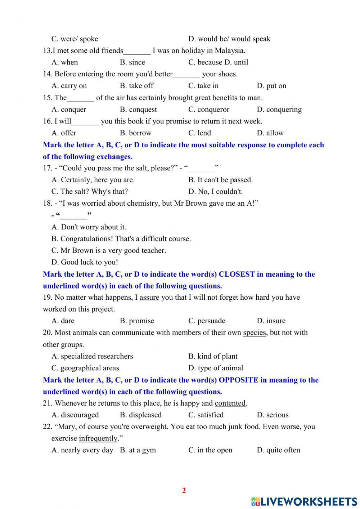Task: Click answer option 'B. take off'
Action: pyautogui.click(x=136, y=86)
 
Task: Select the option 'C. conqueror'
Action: pyautogui.click(x=208, y=110)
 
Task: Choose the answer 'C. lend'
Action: pyautogui.click(x=199, y=133)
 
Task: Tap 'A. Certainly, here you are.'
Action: pyautogui.click(x=93, y=180)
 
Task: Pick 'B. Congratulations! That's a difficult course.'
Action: pyautogui.click(x=121, y=239)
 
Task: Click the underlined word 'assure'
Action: pyautogui.click(x=149, y=298)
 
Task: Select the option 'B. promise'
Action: pyautogui.click(x=137, y=321)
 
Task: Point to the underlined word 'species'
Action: pyautogui.click(x=254, y=332)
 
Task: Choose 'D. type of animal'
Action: pyautogui.click(x=216, y=368)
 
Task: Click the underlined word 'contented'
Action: pyautogui.click(x=230, y=403)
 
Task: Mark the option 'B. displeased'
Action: pyautogui.click(x=140, y=415)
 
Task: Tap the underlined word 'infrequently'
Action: pyautogui.click(x=98, y=438)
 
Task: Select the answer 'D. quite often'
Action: pyautogui.click(x=278, y=450)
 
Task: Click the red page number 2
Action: pyautogui.click(x=184, y=490)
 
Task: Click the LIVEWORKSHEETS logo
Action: pyautogui.click(x=304, y=501)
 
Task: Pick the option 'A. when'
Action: pyautogui.click(x=64, y=62)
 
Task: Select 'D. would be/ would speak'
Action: pyautogui.click(x=229, y=39)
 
